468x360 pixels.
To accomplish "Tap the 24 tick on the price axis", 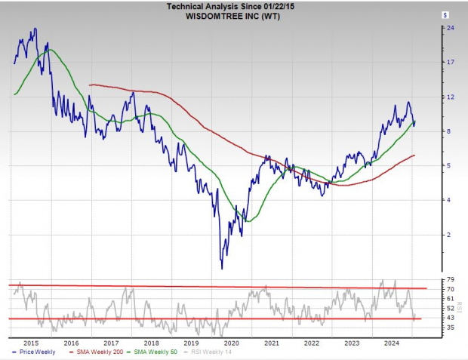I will coord(450,28).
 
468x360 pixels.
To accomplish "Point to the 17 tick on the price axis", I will coord(450,63).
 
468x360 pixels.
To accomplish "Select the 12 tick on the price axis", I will coord(450,97).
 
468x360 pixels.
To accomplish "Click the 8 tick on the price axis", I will coord(450,131).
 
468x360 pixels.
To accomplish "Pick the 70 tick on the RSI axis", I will coord(450,289).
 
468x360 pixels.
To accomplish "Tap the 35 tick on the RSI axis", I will coord(450,328).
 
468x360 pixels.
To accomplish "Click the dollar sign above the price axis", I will coord(446,14).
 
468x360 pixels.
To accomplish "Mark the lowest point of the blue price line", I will coord(222,269).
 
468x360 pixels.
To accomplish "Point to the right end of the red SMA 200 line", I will coord(415,155).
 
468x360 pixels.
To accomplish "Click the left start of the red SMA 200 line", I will coord(90,85).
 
